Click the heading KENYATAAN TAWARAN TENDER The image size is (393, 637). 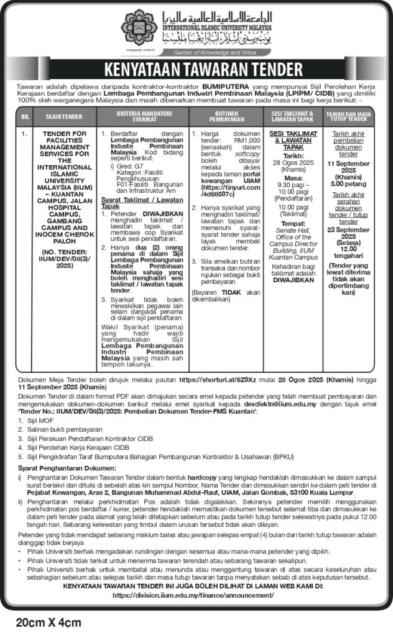pos(197,67)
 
